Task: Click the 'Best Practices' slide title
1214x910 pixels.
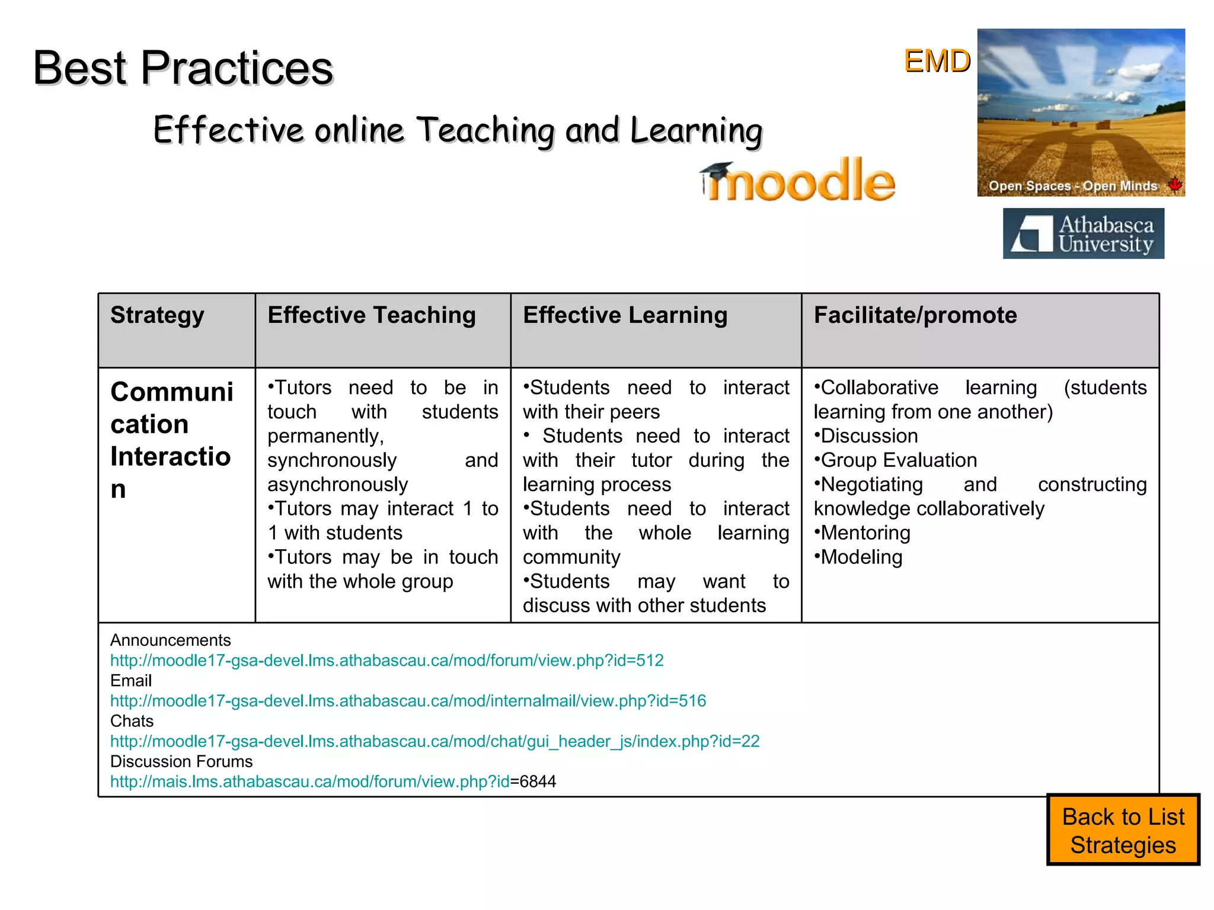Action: click(183, 68)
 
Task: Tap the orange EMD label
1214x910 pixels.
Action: click(937, 61)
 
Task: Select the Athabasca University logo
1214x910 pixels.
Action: click(1083, 233)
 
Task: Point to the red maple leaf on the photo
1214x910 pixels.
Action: click(1174, 184)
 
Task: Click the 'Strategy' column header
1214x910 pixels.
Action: click(157, 315)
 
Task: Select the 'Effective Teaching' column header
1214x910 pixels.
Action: click(372, 315)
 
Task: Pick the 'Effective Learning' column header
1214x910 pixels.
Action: click(625, 315)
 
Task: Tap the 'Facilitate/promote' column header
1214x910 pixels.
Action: click(915, 315)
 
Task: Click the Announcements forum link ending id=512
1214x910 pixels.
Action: click(386, 661)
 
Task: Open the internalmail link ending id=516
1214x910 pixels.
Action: click(408, 701)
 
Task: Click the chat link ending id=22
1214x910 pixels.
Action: click(435, 741)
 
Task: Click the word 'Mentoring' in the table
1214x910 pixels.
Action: click(865, 533)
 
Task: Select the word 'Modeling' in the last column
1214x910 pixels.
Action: click(861, 557)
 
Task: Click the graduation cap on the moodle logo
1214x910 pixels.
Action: click(717, 171)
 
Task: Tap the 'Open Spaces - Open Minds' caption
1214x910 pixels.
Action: click(1072, 186)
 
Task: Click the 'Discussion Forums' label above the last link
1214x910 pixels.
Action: click(181, 761)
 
